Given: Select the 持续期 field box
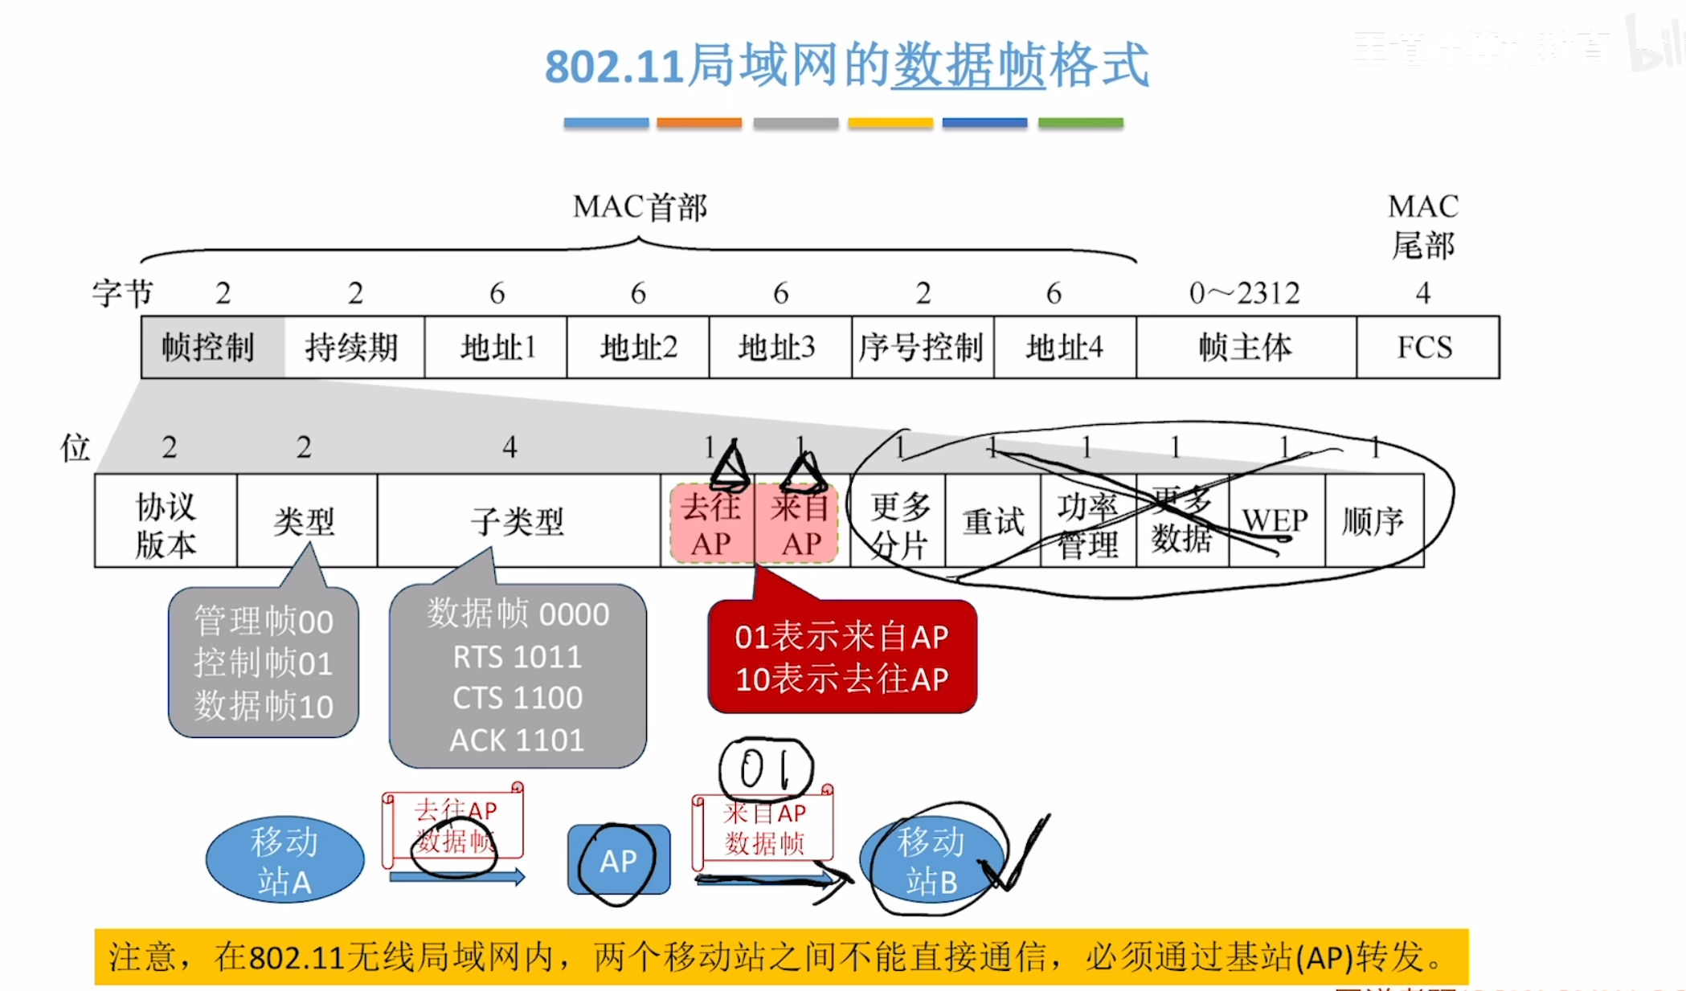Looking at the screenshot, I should click(x=354, y=347).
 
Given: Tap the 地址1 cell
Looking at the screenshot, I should click(x=496, y=347).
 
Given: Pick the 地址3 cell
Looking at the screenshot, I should click(x=780, y=347).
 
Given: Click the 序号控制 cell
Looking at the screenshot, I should click(x=922, y=347).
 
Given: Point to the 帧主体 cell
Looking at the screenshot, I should click(x=1246, y=347).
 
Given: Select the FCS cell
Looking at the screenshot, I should click(x=1426, y=347).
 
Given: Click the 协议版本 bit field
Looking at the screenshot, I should click(x=166, y=522).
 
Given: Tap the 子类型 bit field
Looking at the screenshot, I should click(x=518, y=522).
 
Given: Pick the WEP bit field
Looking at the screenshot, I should click(x=1275, y=522).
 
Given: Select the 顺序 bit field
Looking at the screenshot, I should click(x=1373, y=522).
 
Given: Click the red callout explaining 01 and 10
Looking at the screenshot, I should click(x=841, y=657).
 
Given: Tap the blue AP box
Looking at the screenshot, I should click(x=618, y=860).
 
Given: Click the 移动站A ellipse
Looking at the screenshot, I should click(x=284, y=860).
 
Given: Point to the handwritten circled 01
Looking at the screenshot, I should click(x=765, y=769).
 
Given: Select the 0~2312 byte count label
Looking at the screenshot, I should click(x=1245, y=293).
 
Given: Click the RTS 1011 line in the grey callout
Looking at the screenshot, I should click(x=517, y=657).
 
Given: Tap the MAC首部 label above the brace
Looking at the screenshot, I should click(x=640, y=207).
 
